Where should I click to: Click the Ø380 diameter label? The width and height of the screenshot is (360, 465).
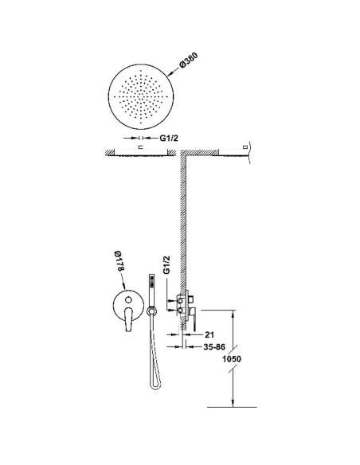(189, 61)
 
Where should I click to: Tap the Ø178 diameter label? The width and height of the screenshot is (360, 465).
(119, 260)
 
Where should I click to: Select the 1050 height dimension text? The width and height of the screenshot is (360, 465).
(232, 359)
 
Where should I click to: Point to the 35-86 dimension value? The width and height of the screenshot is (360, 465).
(214, 346)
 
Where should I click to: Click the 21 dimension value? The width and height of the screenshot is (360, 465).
(209, 334)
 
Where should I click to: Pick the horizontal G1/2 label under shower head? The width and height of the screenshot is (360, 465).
(169, 138)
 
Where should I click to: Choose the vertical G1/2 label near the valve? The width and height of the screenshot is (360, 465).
(167, 265)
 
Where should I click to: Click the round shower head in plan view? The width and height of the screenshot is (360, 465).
(141, 96)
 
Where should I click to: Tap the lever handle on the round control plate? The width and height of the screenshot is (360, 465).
(128, 319)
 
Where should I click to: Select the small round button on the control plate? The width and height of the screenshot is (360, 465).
(128, 299)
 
